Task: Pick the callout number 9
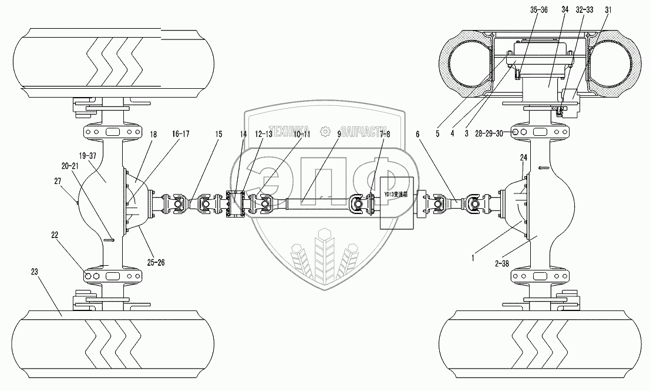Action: point(339,135)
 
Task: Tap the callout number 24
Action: point(523,158)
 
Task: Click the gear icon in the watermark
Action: point(324,132)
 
